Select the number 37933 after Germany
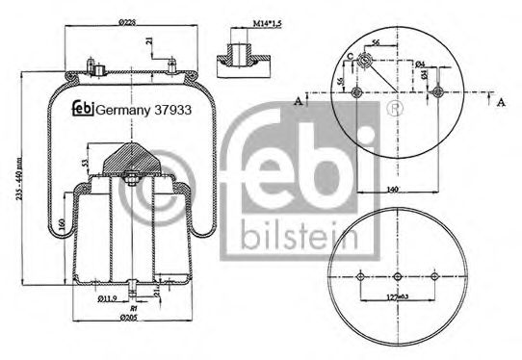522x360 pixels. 170,110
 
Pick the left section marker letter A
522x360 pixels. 299,99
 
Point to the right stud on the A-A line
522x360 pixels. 438,93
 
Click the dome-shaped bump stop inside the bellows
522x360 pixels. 128,154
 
